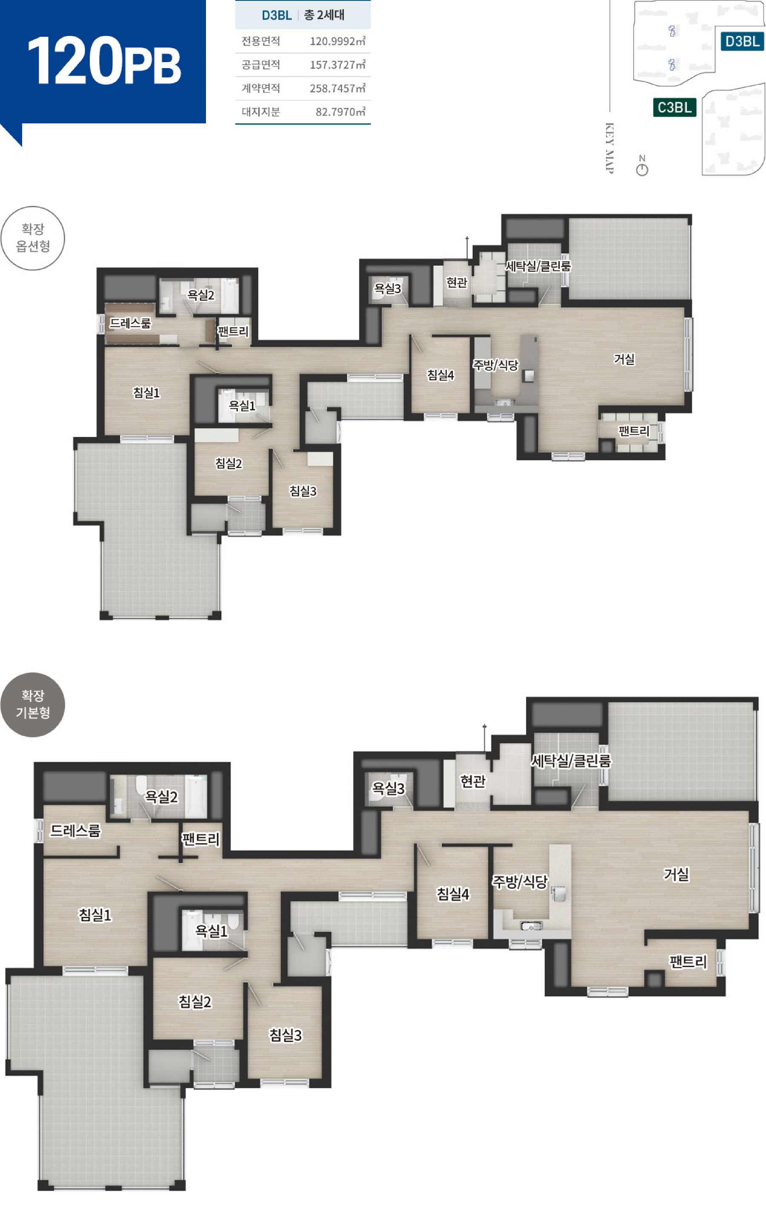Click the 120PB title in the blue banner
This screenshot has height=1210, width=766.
coord(104,61)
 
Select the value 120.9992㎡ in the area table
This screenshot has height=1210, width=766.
coord(337,41)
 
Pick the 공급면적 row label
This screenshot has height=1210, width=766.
coord(260,65)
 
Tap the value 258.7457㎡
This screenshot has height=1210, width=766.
coord(337,88)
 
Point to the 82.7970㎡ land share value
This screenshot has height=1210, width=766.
coord(340,111)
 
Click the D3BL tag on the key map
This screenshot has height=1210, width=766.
coord(742,41)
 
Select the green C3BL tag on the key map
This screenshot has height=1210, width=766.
coord(675,107)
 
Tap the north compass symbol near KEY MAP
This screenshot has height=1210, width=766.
coord(642,166)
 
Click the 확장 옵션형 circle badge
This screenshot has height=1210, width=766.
coord(33,238)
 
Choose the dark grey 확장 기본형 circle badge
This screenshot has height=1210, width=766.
coord(33,705)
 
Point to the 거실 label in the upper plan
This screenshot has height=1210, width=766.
coord(624,359)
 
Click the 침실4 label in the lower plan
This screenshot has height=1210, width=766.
coord(453,893)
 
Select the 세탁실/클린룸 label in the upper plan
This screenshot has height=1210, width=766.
coord(538,266)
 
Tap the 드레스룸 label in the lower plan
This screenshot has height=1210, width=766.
coord(75,830)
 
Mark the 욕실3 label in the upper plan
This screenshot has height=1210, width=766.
coord(388,288)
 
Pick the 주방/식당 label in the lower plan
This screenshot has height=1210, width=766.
coord(520,882)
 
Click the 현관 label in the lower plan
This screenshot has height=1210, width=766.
coord(473,781)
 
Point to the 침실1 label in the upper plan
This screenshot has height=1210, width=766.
coord(146,392)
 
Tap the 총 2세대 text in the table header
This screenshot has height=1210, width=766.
coord(324,15)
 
